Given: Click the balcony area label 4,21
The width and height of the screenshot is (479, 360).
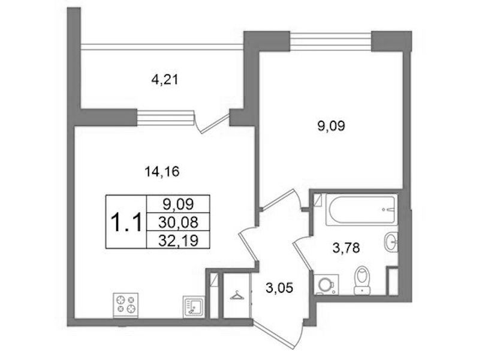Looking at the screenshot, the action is coord(164,80).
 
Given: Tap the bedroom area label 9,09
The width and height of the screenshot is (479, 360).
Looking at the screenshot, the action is coord(331,126).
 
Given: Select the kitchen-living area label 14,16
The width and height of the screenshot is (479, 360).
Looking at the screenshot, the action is coord(162,172).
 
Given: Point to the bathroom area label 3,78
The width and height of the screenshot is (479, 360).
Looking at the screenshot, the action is coord(346,248).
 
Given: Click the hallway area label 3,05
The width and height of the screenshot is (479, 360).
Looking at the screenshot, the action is coord(279,288).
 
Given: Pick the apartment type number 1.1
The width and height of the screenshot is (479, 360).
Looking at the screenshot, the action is coord(126,223).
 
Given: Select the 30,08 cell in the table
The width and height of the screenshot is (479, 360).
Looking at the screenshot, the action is coord(178,222).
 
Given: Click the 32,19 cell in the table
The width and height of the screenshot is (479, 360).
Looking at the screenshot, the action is coord(178,240).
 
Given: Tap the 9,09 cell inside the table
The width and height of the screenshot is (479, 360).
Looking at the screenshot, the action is coord(178,204).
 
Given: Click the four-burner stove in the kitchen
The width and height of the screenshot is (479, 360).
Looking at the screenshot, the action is coord(125,305).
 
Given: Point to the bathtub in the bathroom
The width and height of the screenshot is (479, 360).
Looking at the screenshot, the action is coord(361,209).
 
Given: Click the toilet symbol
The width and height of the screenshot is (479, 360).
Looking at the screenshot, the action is coord(362,280).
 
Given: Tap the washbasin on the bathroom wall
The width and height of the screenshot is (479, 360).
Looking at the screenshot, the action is coord(390,242).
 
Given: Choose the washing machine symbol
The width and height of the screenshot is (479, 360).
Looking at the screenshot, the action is coord(326,284).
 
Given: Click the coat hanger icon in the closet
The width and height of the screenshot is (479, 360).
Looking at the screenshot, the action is coord(237,295).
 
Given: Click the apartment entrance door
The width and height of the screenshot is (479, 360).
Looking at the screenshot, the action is coord(279,335).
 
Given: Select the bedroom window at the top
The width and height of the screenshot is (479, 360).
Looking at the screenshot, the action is coord(330,41).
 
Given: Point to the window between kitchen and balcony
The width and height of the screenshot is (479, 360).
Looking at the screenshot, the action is coord(165,118).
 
